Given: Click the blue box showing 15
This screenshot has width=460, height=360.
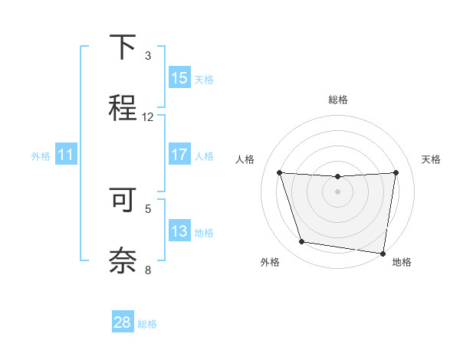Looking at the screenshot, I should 179,78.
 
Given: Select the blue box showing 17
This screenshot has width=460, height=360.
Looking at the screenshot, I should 179,155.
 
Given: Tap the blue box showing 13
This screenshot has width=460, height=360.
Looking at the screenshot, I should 179,231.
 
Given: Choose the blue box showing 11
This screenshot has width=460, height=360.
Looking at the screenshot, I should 66,155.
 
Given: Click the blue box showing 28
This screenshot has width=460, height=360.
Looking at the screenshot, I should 123,322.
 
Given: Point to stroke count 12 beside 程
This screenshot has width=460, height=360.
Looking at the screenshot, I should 148,117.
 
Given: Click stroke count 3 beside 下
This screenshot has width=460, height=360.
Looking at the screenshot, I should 148,56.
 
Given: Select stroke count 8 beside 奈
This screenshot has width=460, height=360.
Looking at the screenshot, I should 148,270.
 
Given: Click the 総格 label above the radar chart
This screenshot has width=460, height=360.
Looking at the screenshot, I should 338,100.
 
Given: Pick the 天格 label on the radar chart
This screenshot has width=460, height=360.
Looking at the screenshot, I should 432,159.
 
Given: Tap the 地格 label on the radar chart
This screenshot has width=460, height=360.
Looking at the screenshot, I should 402,262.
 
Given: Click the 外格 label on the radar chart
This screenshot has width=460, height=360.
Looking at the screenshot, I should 270,262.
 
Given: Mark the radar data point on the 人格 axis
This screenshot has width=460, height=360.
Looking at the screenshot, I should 279,172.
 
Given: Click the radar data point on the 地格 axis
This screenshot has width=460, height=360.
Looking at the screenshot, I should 383,253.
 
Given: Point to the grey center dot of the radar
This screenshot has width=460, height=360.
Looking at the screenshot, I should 337,191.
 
